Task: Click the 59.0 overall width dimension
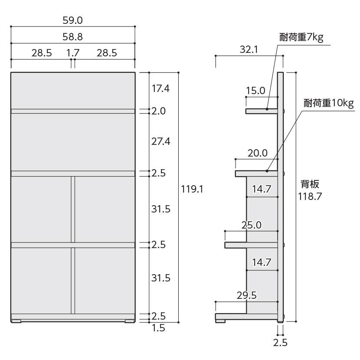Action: (72, 20)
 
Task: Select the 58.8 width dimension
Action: (72, 37)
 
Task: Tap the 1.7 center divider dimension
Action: (73, 53)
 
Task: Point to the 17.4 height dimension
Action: (160, 88)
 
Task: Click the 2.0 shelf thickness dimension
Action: (158, 111)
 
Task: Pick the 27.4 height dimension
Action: (161, 141)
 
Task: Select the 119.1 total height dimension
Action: (192, 189)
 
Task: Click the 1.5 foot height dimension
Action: (158, 328)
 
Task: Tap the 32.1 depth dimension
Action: (249, 49)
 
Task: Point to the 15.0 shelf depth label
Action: (255, 91)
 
